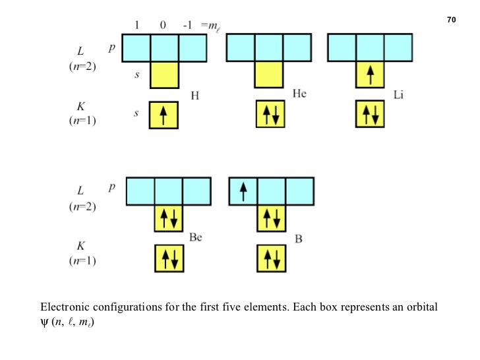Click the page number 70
click(x=452, y=20)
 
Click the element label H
click(x=195, y=96)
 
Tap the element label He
click(x=299, y=94)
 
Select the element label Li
click(x=399, y=96)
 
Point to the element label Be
click(x=196, y=238)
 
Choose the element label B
click(x=299, y=239)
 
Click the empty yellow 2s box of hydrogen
click(x=165, y=75)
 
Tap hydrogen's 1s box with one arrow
click(x=165, y=115)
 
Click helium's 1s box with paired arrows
click(x=269, y=115)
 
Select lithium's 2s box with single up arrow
click(x=371, y=75)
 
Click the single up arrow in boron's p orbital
click(x=243, y=192)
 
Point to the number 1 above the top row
click(x=136, y=25)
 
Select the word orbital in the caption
click(x=421, y=307)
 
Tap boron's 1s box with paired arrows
click(x=272, y=258)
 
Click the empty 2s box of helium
click(x=269, y=75)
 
